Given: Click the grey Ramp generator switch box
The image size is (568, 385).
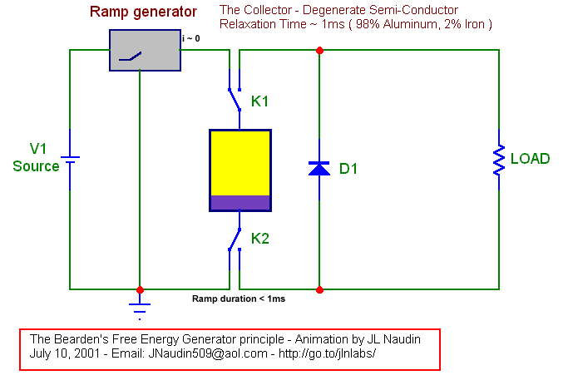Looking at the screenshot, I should [x=146, y=51].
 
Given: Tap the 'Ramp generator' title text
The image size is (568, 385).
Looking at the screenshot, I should [x=143, y=12].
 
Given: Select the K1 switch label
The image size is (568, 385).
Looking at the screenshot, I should [x=261, y=101].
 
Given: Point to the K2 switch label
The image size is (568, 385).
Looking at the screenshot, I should [x=261, y=239].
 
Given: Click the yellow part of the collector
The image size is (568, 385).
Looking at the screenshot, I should [x=240, y=162].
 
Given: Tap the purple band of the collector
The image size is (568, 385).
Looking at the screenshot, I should [x=240, y=202].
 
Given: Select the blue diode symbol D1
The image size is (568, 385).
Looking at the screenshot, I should [x=319, y=169].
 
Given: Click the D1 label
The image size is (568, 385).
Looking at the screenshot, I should [x=348, y=169].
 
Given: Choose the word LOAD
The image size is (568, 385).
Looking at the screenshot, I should [x=530, y=159].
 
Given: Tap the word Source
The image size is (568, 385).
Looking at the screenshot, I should [x=36, y=166].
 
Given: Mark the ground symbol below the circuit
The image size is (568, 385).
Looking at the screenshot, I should [x=140, y=308].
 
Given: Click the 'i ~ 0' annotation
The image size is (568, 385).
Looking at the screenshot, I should [x=191, y=38].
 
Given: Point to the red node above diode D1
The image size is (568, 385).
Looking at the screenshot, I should [x=319, y=50].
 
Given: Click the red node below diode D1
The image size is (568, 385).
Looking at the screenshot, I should [x=319, y=290].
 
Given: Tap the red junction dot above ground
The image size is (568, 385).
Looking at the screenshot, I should [x=140, y=290].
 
